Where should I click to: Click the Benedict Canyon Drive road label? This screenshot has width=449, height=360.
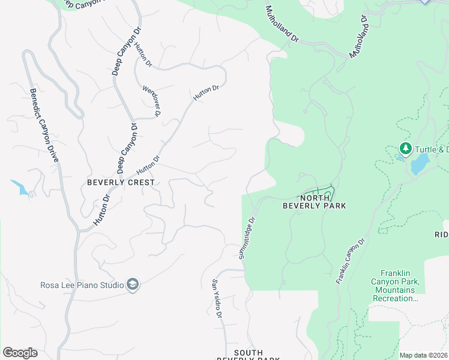[45, 125]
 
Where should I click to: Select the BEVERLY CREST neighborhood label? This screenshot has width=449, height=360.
[121, 182]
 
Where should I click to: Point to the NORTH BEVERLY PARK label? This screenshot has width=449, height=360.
[315, 202]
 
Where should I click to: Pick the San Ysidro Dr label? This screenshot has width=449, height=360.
[217, 299]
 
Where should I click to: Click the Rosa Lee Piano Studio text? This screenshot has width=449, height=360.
[82, 285]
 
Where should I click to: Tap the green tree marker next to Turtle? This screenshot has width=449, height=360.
[406, 148]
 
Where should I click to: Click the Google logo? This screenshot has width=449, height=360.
[20, 353]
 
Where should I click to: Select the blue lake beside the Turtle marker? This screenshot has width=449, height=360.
[419, 163]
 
